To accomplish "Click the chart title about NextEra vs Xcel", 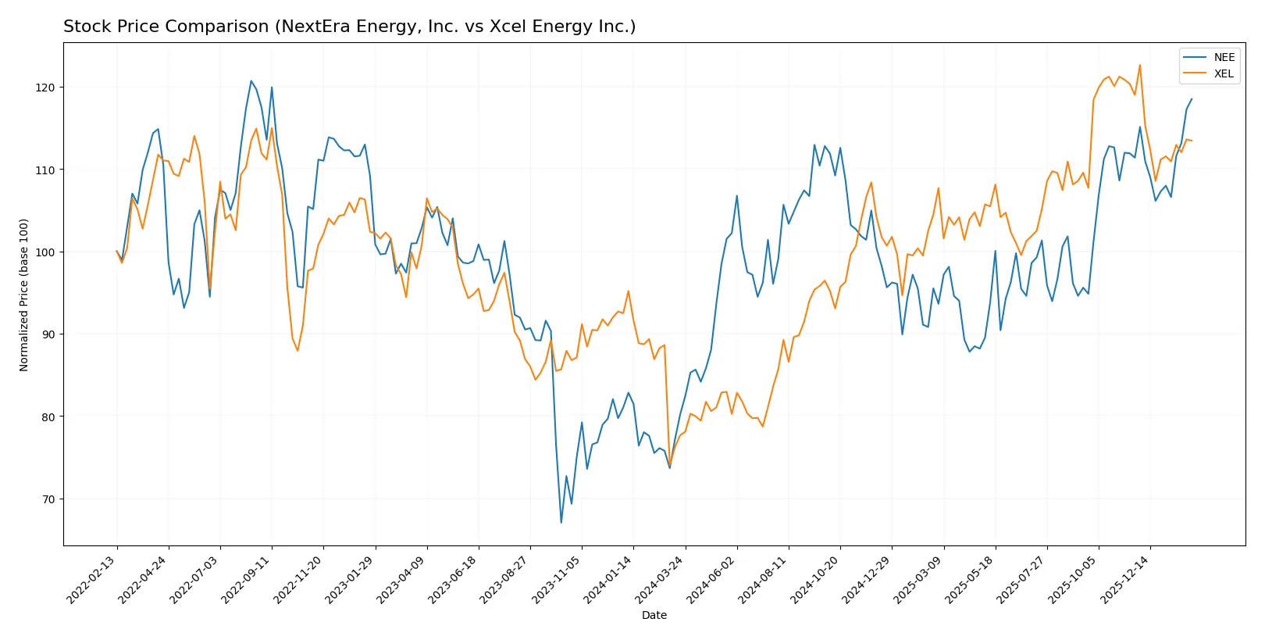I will (x=349, y=27).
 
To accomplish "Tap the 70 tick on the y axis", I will (x=50, y=499).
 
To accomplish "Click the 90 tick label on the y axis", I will (x=50, y=334).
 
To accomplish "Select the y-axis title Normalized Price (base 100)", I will (x=24, y=295).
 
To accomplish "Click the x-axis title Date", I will (x=654, y=615).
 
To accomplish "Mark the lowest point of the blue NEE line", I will (x=561, y=522).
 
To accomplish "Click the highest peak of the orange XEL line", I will (x=1139, y=65).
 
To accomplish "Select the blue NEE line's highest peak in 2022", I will (x=251, y=80).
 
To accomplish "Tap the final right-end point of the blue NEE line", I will (x=1192, y=99).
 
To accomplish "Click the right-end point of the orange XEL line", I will (x=1192, y=141).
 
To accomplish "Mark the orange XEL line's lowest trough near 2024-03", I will (x=669, y=466).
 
